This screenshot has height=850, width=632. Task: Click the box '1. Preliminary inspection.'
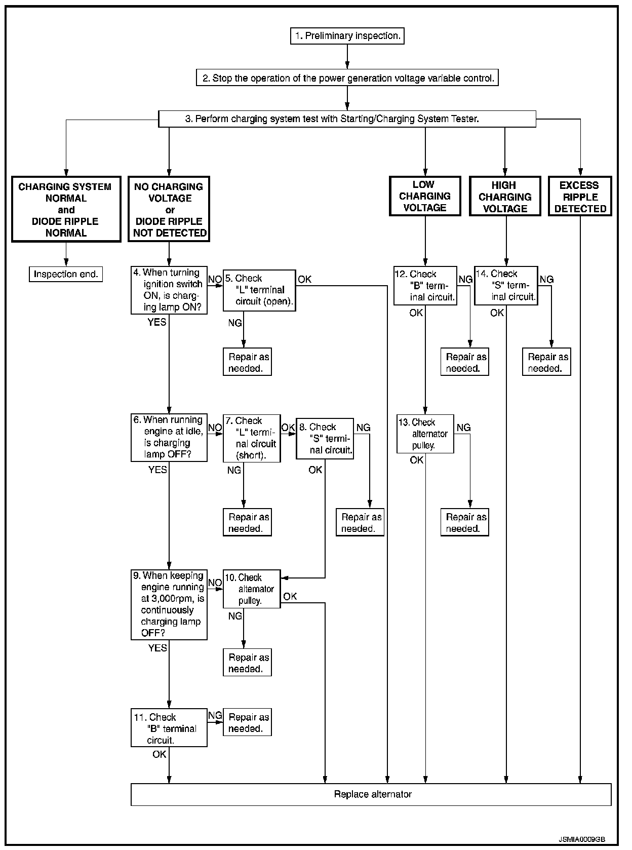(x=347, y=36)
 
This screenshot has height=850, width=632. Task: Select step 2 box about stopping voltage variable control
(x=347, y=78)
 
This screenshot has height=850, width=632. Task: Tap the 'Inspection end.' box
(x=66, y=274)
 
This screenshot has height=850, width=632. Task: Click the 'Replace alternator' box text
(x=373, y=794)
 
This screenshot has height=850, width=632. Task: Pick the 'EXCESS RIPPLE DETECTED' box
(x=580, y=197)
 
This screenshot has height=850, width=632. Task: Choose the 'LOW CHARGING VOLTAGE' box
(x=425, y=196)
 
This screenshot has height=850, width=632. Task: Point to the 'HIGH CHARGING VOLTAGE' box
(x=505, y=197)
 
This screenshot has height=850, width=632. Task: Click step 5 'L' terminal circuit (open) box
(x=259, y=290)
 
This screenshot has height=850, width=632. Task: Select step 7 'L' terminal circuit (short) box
(x=252, y=438)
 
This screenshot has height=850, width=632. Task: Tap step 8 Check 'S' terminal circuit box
(x=325, y=439)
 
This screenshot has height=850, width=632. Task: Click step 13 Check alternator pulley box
(x=425, y=434)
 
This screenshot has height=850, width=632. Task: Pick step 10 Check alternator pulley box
(x=252, y=589)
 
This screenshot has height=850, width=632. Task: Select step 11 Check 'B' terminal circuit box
(x=169, y=728)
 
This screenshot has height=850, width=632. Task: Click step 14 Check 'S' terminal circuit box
(x=505, y=286)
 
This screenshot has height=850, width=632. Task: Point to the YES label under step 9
(x=157, y=648)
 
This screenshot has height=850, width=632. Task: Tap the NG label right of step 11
(x=215, y=715)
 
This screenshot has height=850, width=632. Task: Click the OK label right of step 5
(x=305, y=279)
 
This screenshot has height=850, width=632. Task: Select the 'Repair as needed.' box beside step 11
(x=248, y=722)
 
